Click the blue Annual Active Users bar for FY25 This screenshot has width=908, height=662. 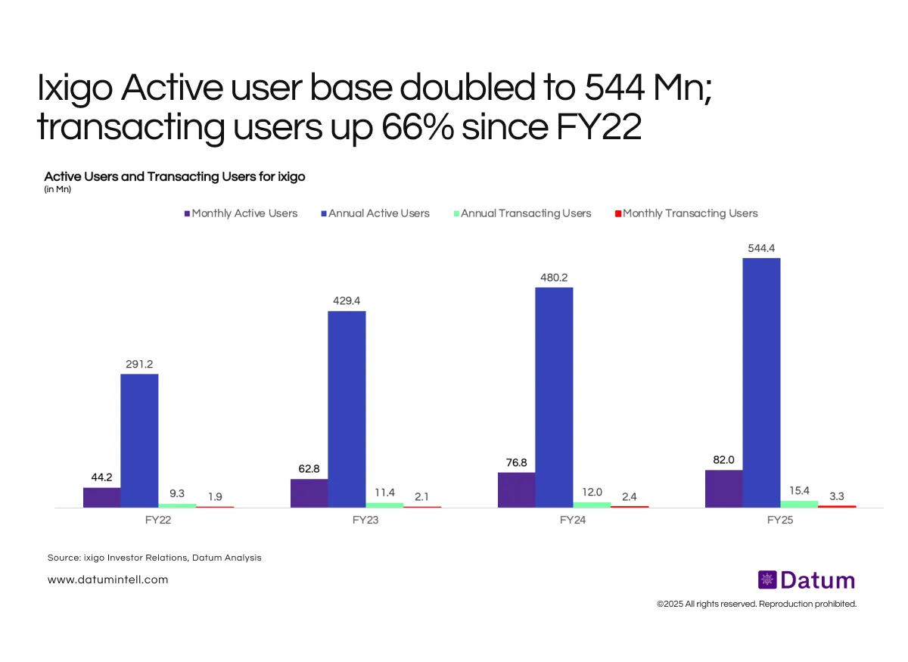coord(761,382)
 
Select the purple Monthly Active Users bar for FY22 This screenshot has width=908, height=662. coord(102,497)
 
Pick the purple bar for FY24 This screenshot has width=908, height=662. coord(517,490)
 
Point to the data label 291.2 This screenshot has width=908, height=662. coord(140,364)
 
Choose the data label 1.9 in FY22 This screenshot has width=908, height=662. coord(215,496)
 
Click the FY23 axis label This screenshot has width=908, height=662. coord(365,521)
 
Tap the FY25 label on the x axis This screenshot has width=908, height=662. coord(779,521)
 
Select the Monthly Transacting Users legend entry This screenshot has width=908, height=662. coord(690,213)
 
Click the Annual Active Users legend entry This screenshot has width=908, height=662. coord(378,213)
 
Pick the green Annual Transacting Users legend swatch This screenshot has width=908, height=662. coord(456,213)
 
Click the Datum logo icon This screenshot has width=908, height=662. coord(767,580)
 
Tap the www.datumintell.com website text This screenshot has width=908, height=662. coord(107,580)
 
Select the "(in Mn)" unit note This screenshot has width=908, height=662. coord(58,189)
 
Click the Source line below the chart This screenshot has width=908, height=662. coord(154,558)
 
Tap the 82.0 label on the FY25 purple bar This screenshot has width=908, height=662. coord(724,460)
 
